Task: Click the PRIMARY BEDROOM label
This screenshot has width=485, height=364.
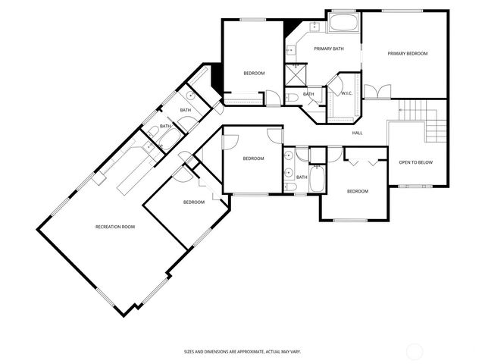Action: pos(408,54)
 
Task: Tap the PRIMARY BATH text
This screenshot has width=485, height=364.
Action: pos(329,49)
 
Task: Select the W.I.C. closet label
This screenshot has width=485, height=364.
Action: pos(347,93)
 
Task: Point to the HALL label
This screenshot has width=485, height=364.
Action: pos(357,133)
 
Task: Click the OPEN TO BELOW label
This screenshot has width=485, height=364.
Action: pos(416,162)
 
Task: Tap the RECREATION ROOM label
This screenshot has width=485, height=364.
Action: pos(114,227)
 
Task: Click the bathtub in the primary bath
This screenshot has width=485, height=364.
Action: pos(344,22)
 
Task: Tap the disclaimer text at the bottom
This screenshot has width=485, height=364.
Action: pos(242,351)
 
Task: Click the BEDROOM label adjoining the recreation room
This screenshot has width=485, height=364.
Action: pos(193,202)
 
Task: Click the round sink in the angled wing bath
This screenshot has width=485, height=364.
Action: pos(191,96)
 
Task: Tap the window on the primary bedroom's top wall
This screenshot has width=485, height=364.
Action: pos(402,11)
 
